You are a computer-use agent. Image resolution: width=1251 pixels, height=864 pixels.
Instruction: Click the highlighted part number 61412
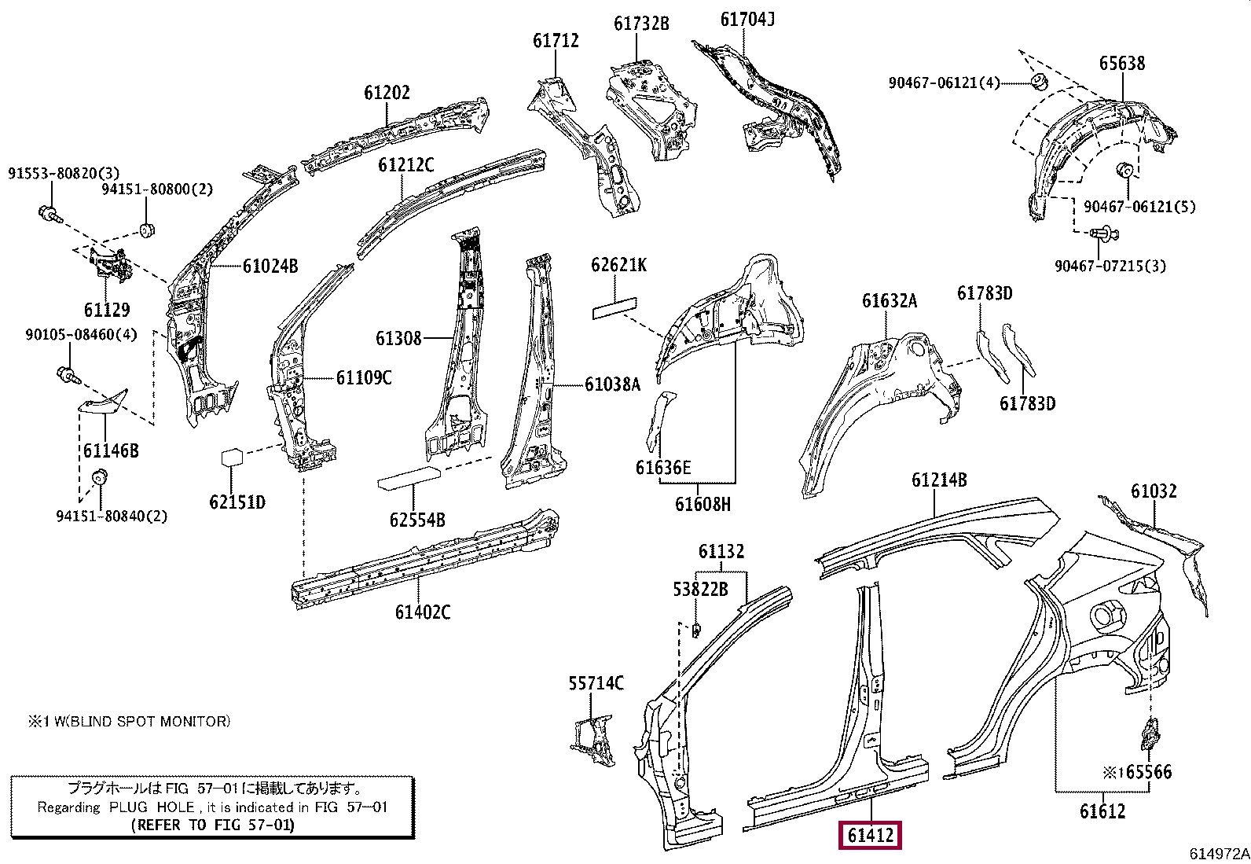[871, 836]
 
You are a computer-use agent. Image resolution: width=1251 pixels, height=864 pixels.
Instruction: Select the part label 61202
[387, 93]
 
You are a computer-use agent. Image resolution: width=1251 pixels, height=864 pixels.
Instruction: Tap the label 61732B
[641, 24]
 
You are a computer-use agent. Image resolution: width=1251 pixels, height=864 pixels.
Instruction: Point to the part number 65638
[1121, 64]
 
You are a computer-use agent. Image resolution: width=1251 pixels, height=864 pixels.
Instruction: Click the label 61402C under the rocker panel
[423, 612]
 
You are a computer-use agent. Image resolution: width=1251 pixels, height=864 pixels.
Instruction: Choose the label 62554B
[416, 520]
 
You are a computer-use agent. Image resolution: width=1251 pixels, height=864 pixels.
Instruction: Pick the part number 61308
[398, 339]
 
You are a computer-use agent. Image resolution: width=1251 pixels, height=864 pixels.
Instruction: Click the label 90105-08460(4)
[81, 335]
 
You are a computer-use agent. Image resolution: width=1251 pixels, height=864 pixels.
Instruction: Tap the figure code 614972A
[1219, 854]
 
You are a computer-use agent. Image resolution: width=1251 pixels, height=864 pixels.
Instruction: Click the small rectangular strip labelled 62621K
[614, 307]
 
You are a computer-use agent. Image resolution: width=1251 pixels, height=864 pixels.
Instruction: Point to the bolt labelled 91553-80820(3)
[46, 211]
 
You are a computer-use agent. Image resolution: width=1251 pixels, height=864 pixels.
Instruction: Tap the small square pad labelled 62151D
[233, 458]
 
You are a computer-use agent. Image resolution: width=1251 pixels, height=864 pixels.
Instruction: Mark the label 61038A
[612, 384]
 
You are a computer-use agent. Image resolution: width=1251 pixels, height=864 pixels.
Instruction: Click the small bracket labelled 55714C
[592, 740]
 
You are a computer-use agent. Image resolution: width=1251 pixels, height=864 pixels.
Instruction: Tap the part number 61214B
[939, 480]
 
